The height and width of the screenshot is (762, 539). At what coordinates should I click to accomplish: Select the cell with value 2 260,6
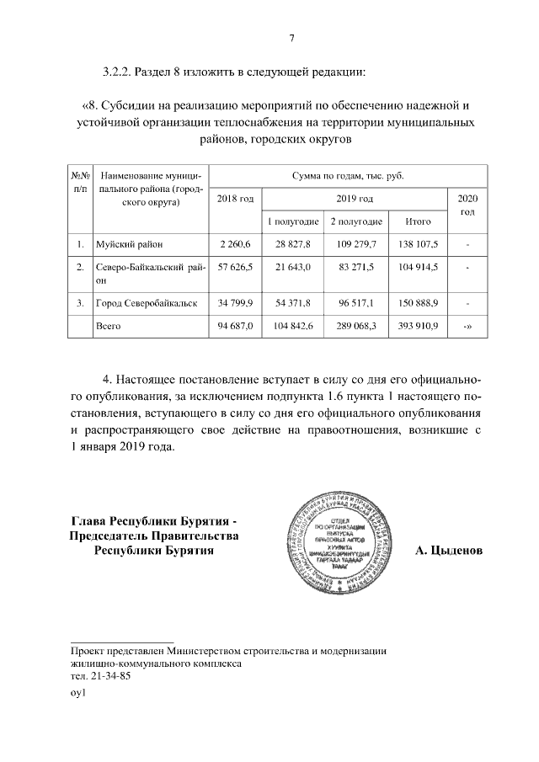coord(235,245)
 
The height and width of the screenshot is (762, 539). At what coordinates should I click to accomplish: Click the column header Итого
coord(419,221)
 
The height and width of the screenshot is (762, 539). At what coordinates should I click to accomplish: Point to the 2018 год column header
coord(235,198)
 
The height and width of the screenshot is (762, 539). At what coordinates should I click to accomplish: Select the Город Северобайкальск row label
coord(147,303)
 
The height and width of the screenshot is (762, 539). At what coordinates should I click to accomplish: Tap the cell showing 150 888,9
coord(419,303)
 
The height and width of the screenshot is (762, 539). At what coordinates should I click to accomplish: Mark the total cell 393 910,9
coord(419,326)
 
